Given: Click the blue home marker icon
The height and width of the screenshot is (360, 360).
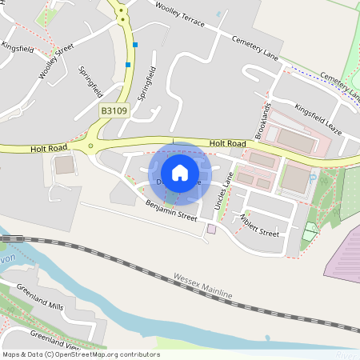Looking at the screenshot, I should [180, 172].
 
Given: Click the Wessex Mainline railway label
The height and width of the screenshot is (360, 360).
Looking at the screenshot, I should [202, 287].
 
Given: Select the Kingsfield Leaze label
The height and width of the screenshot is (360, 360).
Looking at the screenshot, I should [318, 117].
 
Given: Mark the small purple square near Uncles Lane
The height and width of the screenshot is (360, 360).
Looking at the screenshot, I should [211, 229].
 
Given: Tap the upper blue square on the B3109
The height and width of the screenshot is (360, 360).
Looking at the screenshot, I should [136, 44].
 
